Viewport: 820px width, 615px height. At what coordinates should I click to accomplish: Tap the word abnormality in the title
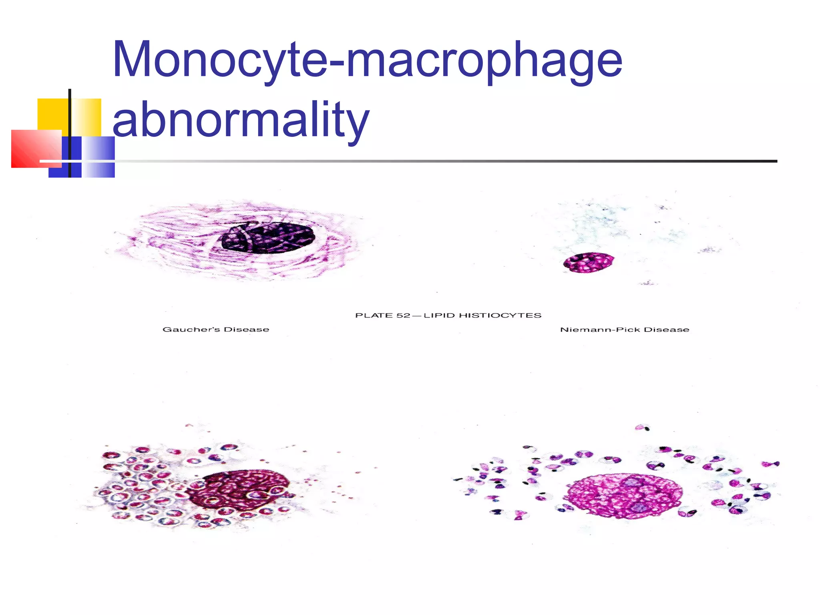click(241, 120)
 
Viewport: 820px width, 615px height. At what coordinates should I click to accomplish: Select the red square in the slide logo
click(36, 149)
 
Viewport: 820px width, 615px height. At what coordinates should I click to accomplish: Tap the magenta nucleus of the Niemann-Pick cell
click(589, 263)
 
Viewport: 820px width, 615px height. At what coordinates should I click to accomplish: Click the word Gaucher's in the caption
click(191, 330)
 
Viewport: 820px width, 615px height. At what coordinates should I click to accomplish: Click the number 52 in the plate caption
click(403, 316)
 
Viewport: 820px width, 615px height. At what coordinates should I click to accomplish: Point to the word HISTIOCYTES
click(500, 316)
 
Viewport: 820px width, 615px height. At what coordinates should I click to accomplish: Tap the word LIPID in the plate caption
click(439, 316)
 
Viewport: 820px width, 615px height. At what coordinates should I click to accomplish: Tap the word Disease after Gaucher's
click(247, 330)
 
